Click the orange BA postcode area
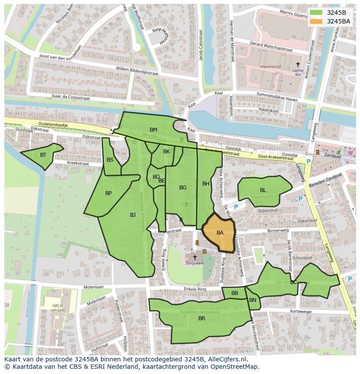tap(220, 233)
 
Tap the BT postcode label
tap(43, 155)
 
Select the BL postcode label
tap(263, 190)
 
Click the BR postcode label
tap(202, 318)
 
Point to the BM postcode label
tap(153, 130)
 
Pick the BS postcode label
tap(110, 160)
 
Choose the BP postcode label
tap(108, 193)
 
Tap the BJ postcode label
tap(133, 215)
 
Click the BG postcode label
tap(183, 188)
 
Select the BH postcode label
tap(206, 184)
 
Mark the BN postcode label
tap(253, 300)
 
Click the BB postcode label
tap(235, 293)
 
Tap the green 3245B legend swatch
tap(316, 13)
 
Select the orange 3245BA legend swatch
tap(316, 21)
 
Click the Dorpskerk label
tap(195, 263)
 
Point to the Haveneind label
tap(270, 67)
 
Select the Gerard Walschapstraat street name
tap(271, 46)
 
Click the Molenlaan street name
tap(93, 287)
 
